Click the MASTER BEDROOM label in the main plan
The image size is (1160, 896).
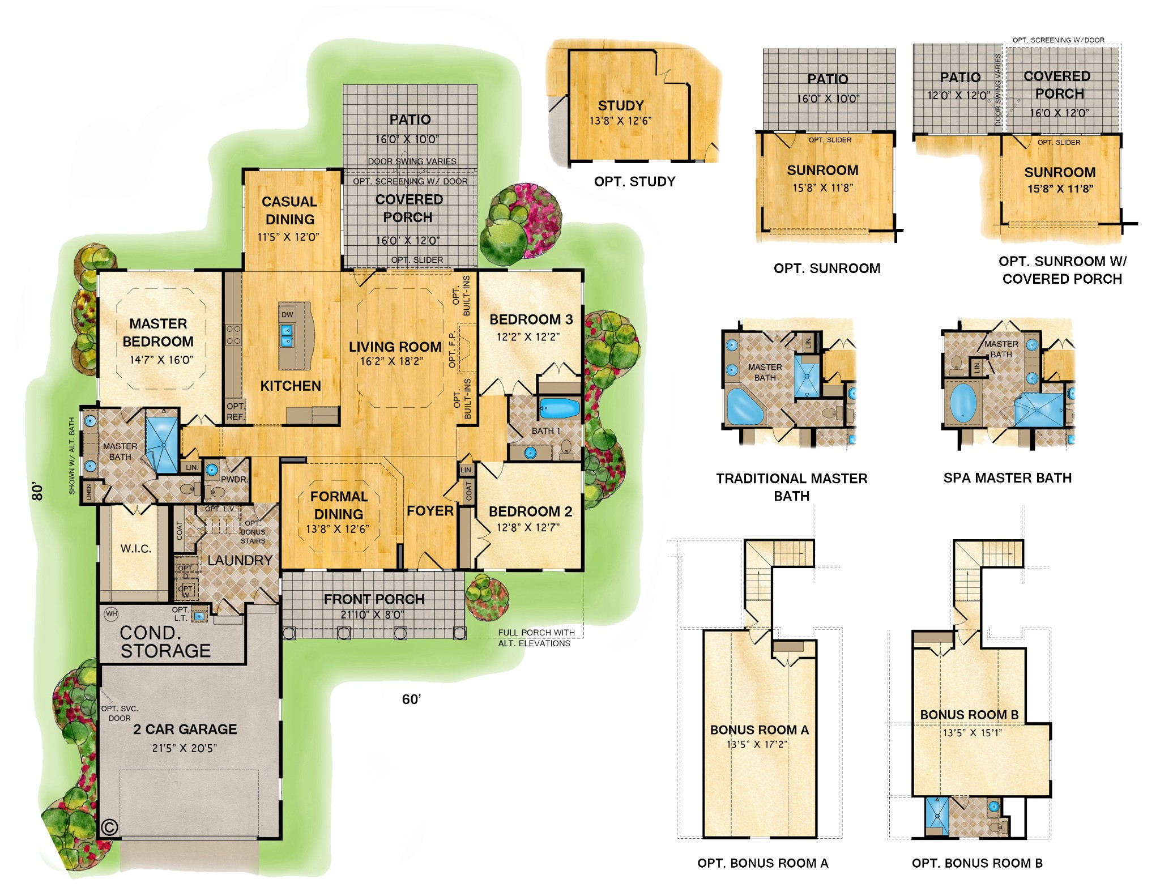click(x=158, y=332)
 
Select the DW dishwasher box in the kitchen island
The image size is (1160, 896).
click(x=287, y=314)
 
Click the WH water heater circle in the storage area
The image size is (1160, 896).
click(x=112, y=613)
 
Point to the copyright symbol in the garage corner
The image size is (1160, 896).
click(x=109, y=827)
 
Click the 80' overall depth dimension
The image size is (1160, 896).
click(x=37, y=491)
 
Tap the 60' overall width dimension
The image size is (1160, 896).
click(x=411, y=699)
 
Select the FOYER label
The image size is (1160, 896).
click(x=430, y=511)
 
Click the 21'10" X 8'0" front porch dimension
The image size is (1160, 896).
click(x=373, y=615)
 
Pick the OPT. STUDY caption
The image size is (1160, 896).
click(x=634, y=182)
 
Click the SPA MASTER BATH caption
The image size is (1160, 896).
click(x=1007, y=478)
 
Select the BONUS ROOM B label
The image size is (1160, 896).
click(x=969, y=715)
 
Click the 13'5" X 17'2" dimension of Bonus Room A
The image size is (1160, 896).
click(x=757, y=744)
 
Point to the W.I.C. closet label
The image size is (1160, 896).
click(x=136, y=548)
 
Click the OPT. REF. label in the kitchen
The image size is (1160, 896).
click(x=236, y=412)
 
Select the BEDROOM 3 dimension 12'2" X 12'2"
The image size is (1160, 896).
click(x=528, y=337)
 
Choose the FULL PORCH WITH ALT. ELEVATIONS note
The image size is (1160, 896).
click(x=535, y=638)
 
